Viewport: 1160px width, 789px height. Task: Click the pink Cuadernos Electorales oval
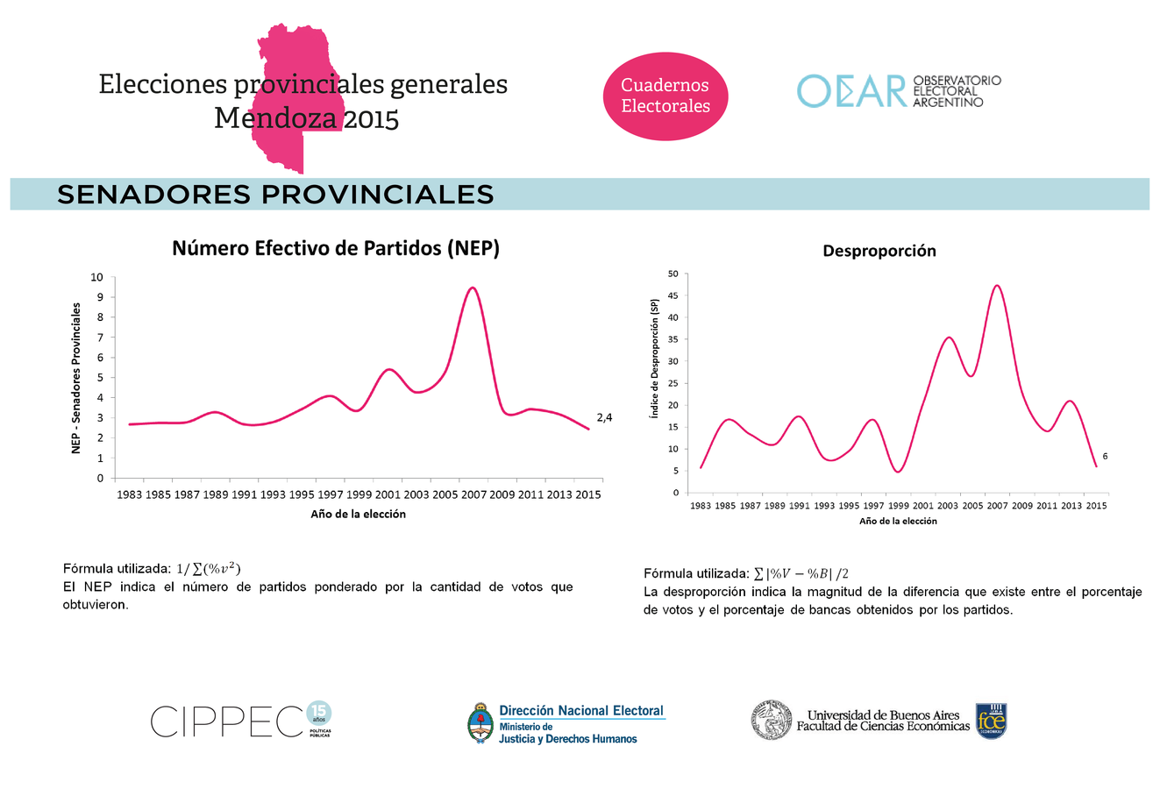[x=665, y=96]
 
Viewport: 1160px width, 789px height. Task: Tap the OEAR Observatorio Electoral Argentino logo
[x=898, y=91]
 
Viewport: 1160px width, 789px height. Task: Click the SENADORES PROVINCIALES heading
[x=275, y=195]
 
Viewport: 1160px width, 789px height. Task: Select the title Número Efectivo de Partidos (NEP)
[x=336, y=248]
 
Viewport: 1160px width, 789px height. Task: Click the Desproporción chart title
[x=879, y=251]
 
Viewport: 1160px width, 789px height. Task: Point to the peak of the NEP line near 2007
[x=473, y=288]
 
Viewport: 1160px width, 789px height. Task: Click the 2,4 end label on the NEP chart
[x=603, y=417]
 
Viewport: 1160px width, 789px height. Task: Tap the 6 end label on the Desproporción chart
[x=1105, y=456]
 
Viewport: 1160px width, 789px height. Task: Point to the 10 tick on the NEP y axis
[x=96, y=277]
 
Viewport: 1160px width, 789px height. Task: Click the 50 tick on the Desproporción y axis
[x=673, y=274]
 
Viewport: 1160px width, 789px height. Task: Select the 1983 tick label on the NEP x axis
[x=129, y=494]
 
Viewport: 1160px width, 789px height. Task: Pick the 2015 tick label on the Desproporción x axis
[x=1096, y=506]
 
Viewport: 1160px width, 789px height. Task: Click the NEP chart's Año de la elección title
[x=358, y=515]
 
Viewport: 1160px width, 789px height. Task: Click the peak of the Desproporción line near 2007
[x=996, y=285]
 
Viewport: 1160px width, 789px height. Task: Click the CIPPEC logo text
[x=226, y=721]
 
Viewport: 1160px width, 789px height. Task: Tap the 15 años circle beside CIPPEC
[x=320, y=713]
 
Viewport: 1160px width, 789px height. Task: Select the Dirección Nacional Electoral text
[x=580, y=711]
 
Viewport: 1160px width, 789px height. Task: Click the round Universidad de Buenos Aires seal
[x=772, y=721]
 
